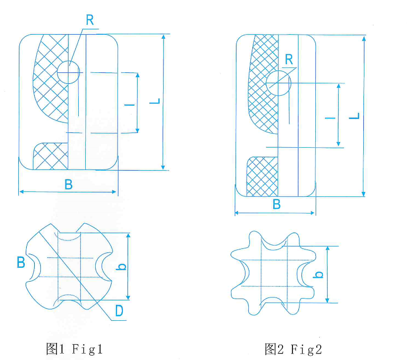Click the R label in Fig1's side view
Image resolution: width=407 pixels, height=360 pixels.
[x=90, y=20]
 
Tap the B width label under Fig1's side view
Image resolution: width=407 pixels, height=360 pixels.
[x=68, y=184]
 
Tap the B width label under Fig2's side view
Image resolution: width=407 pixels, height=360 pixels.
[x=277, y=204]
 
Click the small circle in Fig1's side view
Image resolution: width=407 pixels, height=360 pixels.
[x=68, y=72]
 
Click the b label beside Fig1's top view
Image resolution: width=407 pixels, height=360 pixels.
[x=122, y=266]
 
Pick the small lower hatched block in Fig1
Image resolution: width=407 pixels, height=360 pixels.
[x=50, y=156]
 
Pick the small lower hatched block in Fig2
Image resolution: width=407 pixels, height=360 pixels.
[x=262, y=176]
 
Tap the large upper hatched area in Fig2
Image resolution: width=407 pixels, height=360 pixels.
[x=263, y=89]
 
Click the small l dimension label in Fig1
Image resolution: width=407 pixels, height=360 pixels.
[x=128, y=104]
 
